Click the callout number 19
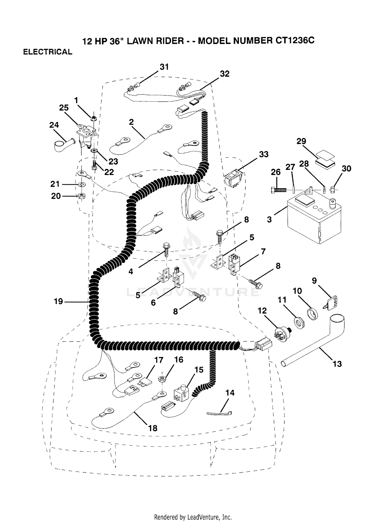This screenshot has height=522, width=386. tap(58, 301)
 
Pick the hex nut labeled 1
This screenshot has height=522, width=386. tap(94, 118)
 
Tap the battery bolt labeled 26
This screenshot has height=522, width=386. tap(279, 190)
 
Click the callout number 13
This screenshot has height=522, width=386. tap(337, 364)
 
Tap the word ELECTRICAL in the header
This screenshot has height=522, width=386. tap(48, 52)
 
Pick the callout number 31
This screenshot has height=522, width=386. tap(164, 67)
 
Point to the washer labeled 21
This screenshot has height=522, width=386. tap(82, 184)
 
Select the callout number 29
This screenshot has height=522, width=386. tap(301, 141)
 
